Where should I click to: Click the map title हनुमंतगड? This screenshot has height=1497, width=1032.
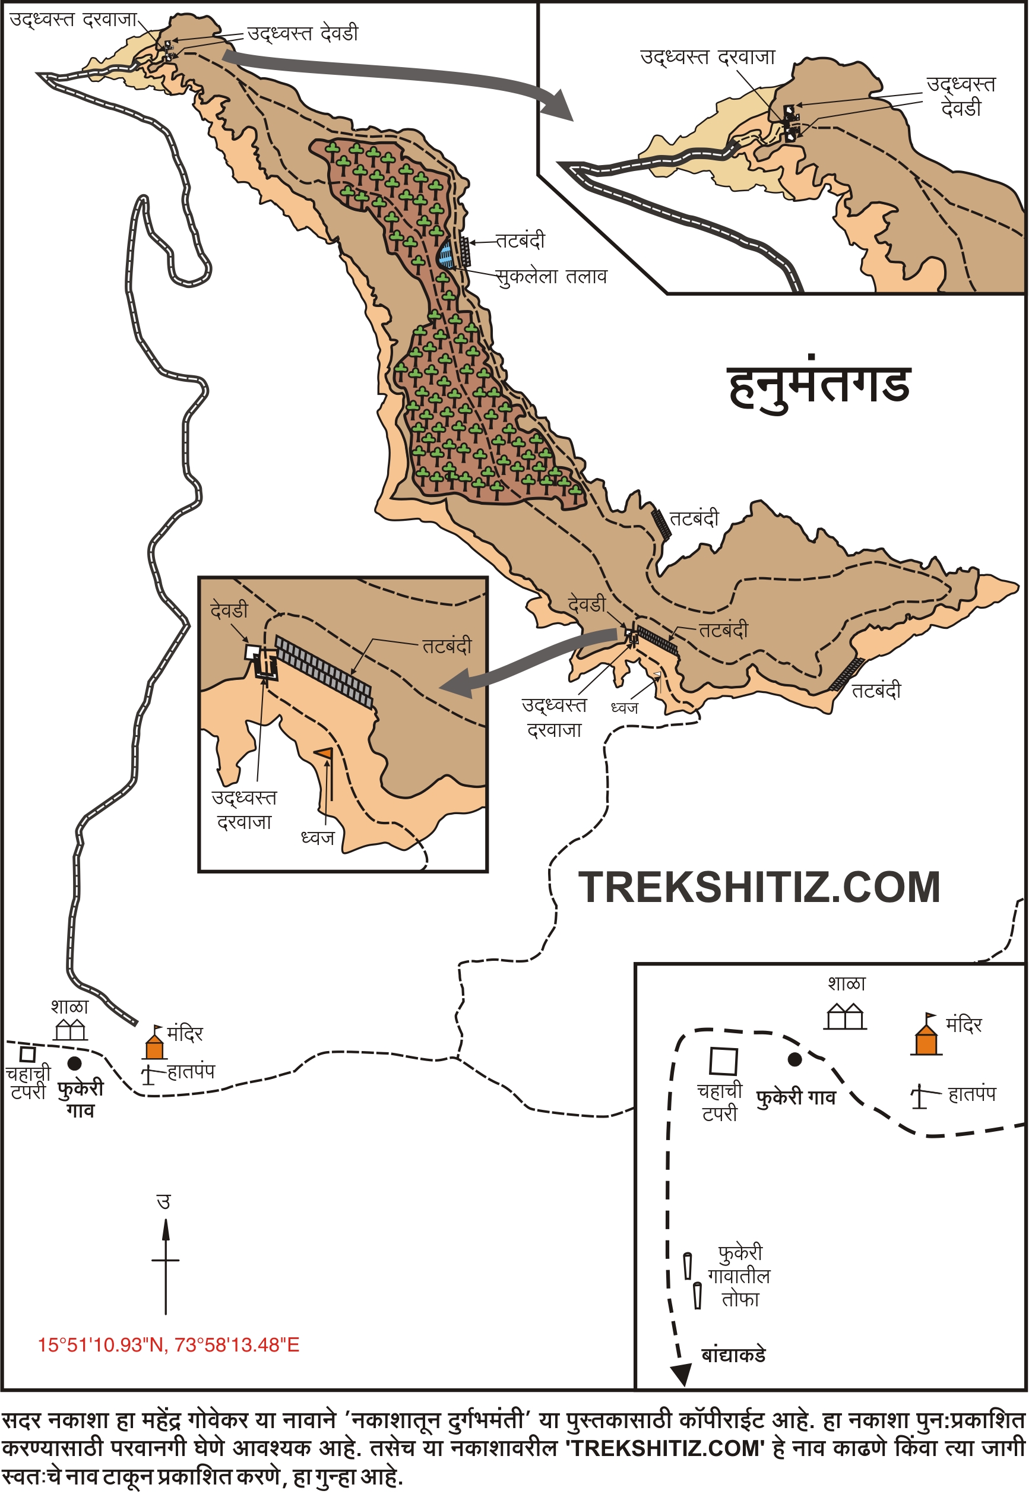pyautogui.click(x=820, y=386)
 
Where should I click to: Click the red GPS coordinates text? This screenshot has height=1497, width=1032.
pyautogui.click(x=168, y=1346)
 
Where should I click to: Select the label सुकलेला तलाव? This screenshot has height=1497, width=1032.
pyautogui.click(x=551, y=277)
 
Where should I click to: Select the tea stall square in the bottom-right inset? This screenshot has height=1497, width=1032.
pyautogui.click(x=723, y=1061)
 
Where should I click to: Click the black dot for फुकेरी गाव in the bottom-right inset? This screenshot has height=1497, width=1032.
pyautogui.click(x=794, y=1059)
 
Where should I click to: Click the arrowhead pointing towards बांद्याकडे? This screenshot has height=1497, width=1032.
pyautogui.click(x=682, y=1375)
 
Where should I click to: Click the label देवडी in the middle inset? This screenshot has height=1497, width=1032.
pyautogui.click(x=229, y=610)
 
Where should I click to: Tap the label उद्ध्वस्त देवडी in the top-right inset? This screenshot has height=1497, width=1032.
pyautogui.click(x=961, y=96)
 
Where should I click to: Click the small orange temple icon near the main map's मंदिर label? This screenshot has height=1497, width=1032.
pyautogui.click(x=154, y=1045)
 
